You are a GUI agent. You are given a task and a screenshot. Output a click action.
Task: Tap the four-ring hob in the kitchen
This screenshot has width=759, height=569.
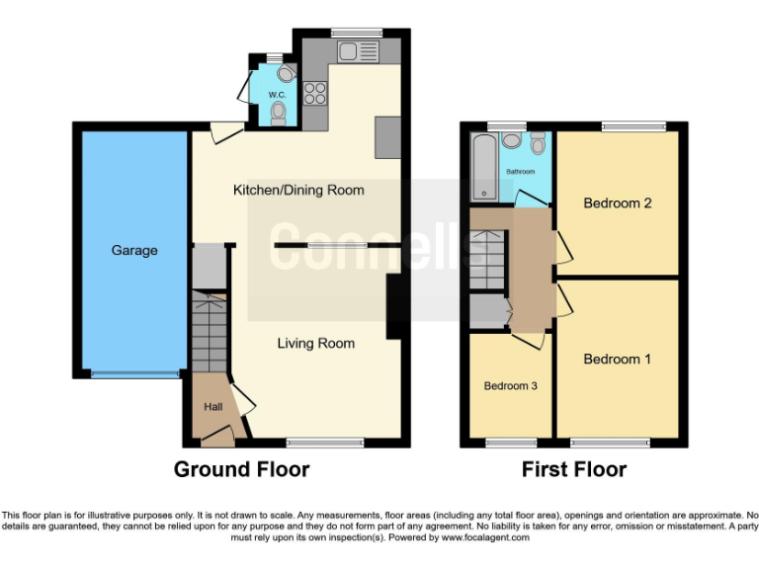316,93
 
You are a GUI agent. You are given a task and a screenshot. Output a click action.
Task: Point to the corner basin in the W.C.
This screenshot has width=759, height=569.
286,72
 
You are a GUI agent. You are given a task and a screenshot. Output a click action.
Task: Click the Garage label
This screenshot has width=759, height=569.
134,250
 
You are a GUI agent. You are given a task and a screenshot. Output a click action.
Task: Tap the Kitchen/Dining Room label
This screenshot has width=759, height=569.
298,190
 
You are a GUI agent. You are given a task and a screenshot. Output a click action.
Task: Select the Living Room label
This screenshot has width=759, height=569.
315,343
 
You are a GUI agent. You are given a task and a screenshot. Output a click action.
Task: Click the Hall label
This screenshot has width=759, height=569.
212,406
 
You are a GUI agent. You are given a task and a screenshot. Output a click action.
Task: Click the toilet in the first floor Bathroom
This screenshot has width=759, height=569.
537,144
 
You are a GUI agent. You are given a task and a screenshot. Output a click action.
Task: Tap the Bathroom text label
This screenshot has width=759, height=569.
521,171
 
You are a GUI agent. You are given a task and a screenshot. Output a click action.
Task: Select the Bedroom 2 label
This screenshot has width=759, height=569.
617,203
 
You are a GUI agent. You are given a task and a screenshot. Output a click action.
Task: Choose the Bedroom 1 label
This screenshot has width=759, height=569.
617,359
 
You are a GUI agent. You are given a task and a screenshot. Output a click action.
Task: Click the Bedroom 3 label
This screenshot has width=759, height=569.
510,385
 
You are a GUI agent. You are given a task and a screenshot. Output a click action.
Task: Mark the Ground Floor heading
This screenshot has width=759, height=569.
241,469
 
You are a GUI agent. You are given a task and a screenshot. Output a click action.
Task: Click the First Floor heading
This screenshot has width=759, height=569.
574,469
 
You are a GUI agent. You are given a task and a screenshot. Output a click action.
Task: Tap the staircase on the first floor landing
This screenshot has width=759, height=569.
487,260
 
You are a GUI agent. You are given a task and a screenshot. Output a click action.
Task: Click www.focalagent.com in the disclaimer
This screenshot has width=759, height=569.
485,537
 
